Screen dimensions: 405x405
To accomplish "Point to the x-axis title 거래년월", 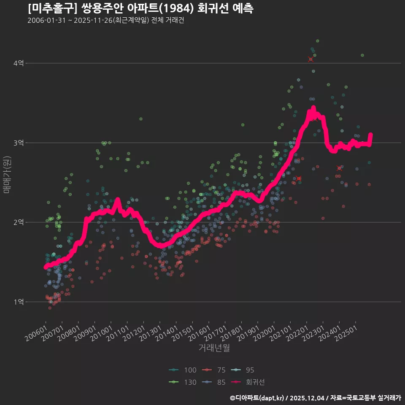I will point(214,348).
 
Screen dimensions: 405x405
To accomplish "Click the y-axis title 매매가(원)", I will point(7,175).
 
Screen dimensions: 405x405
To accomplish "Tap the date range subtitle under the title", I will point(105,20).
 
